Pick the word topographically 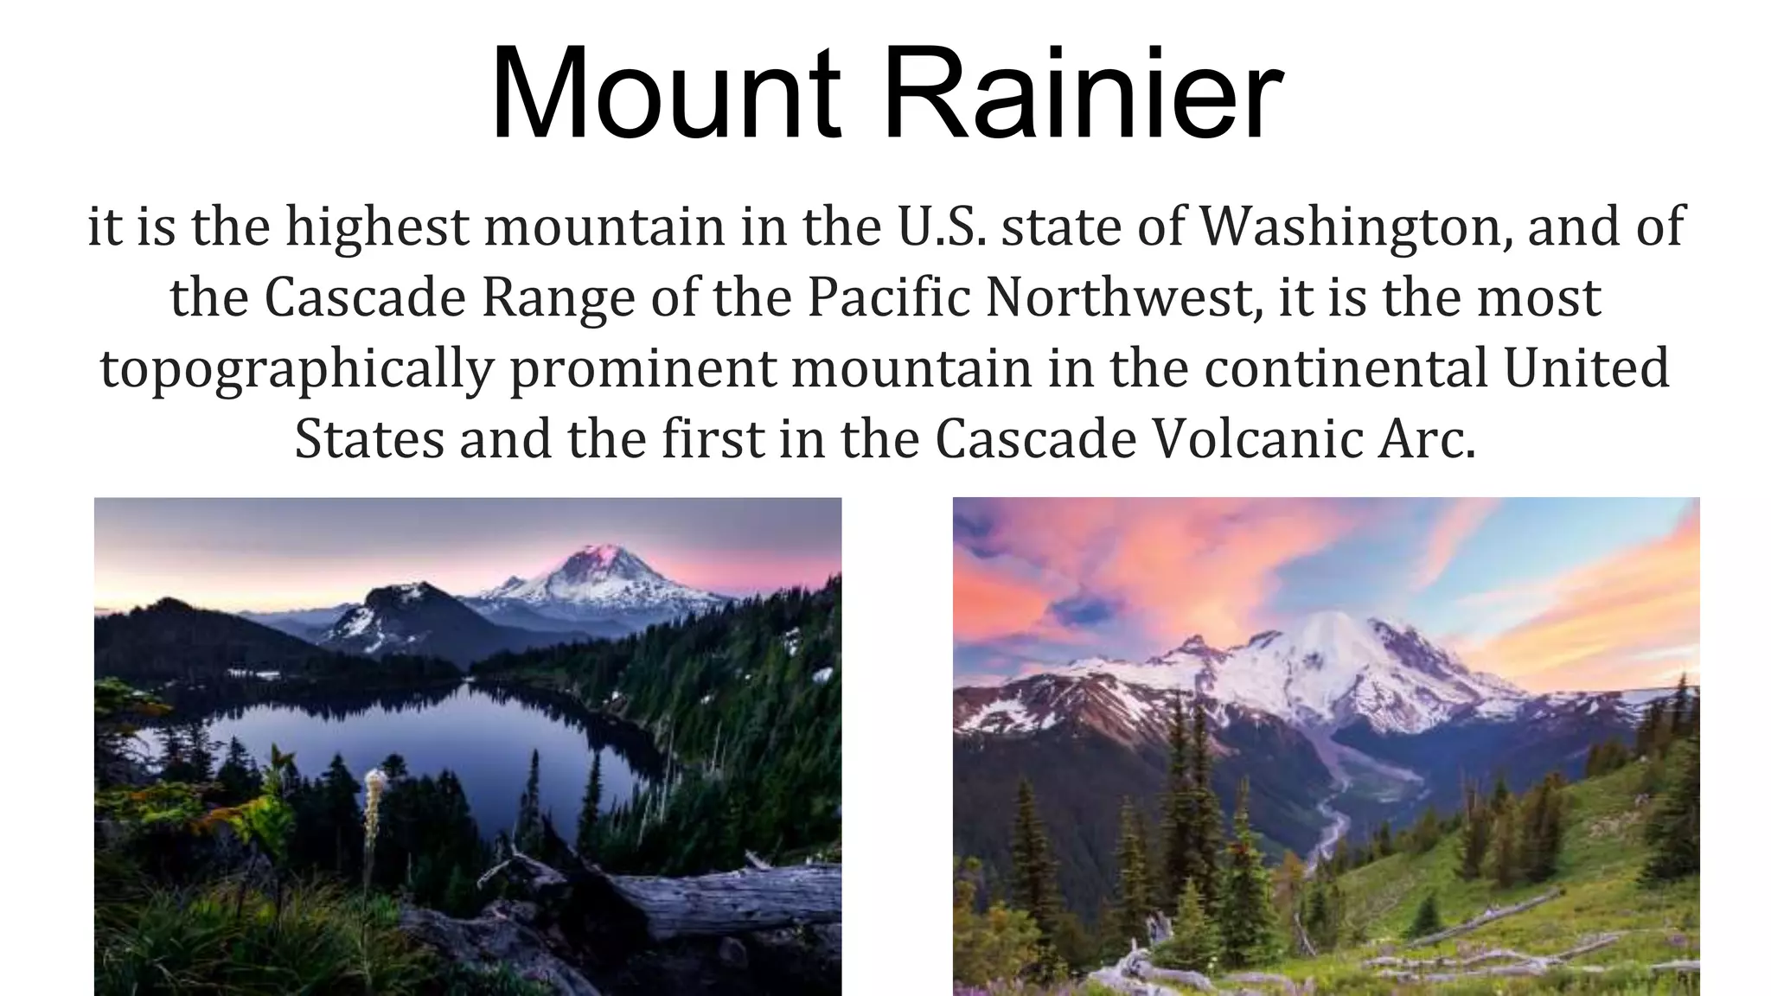click(297, 369)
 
